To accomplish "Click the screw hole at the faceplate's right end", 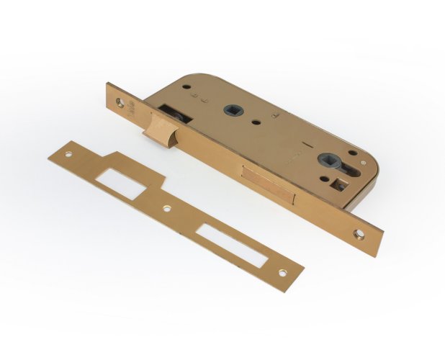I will click(360, 234).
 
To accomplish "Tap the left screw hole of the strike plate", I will click(69, 154).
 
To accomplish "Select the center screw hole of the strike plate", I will click(167, 210).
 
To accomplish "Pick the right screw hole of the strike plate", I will click(283, 272).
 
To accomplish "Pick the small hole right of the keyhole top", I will click(353, 152).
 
